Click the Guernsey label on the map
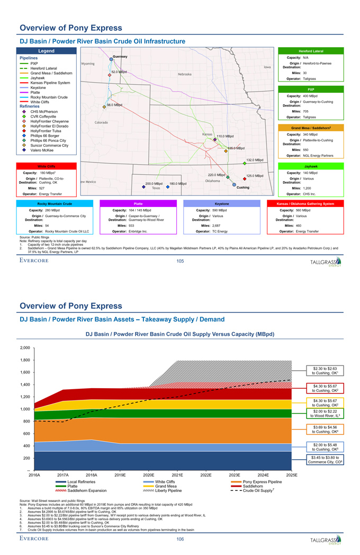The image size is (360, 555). click(120, 56)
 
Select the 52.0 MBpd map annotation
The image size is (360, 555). click(119, 71)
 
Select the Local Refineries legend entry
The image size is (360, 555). click(79, 482)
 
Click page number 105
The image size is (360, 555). click(180, 261)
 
